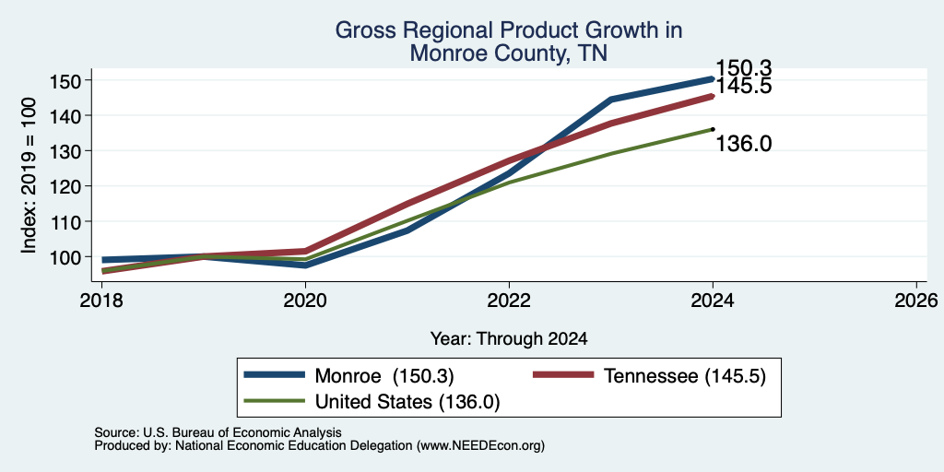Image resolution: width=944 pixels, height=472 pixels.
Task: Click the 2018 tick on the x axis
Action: pyautogui.click(x=101, y=300)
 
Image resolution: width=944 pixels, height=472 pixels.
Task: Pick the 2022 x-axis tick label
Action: pyautogui.click(x=509, y=300)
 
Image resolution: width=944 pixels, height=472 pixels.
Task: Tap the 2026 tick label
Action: pyautogui.click(x=917, y=300)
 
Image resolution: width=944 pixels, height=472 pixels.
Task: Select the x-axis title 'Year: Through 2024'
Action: pyautogui.click(x=509, y=339)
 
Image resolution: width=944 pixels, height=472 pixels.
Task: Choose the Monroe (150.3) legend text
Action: pyautogui.click(x=384, y=376)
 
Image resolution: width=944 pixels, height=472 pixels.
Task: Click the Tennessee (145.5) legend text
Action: pyautogui.click(x=684, y=376)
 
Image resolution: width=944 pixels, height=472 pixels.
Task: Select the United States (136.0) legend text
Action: pyautogui.click(x=407, y=402)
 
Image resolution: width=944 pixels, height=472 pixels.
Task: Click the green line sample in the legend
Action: pyautogui.click(x=274, y=401)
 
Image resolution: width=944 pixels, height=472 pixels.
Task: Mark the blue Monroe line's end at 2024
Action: pyautogui.click(x=713, y=79)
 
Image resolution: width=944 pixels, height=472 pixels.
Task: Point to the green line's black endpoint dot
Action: pyautogui.click(x=713, y=129)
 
